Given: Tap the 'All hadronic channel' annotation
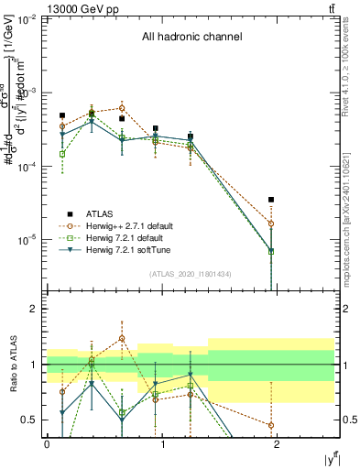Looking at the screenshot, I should pos(191,38).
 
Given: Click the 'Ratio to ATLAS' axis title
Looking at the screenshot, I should pos(12,365).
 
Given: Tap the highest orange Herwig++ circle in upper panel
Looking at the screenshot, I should pos(122,108).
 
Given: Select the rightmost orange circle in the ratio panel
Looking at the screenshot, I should pos(271,425).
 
